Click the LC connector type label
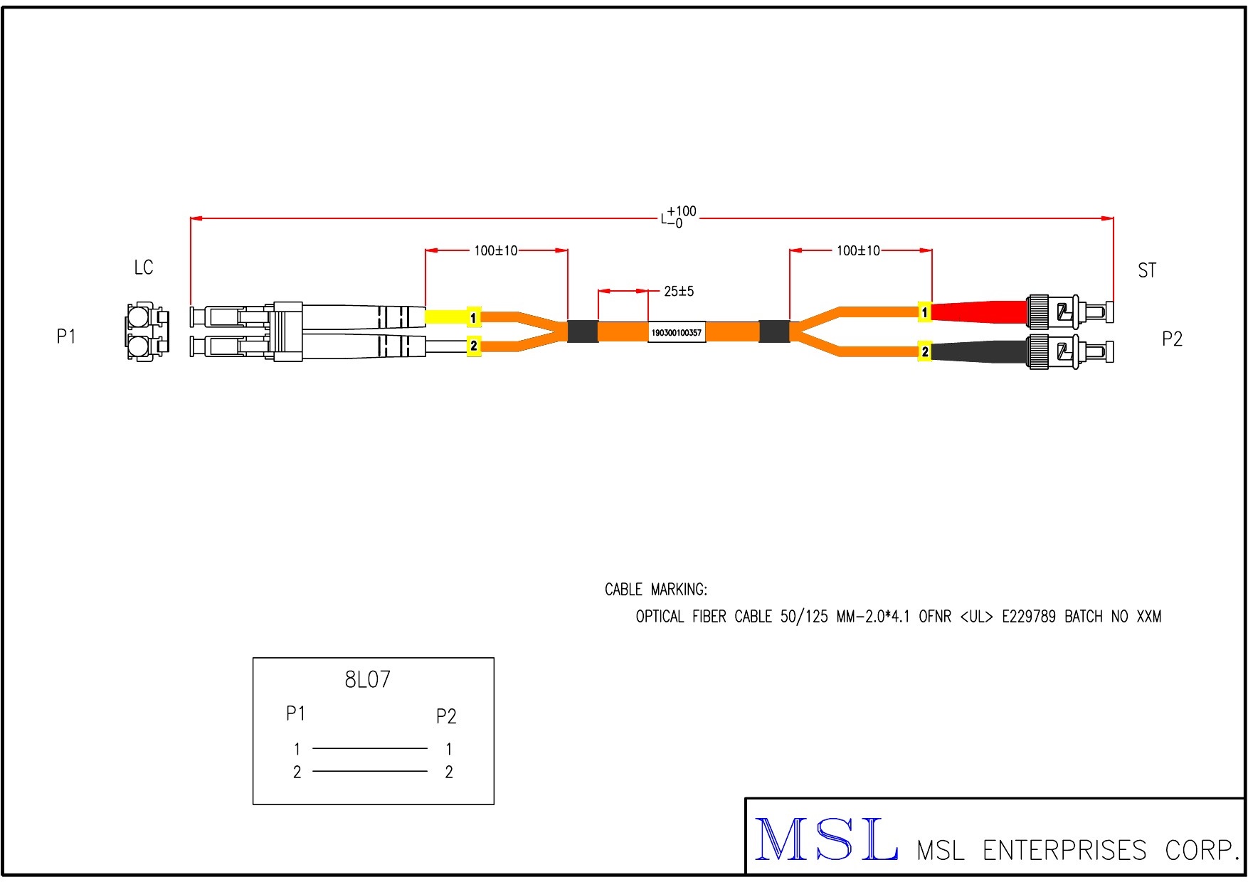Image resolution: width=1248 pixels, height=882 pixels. tap(143, 267)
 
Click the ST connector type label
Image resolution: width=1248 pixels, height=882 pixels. tap(1146, 270)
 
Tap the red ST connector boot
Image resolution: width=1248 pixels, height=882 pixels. tap(978, 312)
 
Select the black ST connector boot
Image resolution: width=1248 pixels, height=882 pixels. tap(978, 351)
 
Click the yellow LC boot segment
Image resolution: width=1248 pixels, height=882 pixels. tap(445, 316)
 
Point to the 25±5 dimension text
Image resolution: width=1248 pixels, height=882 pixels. tap(678, 291)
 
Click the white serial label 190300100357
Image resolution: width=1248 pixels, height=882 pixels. tap(676, 332)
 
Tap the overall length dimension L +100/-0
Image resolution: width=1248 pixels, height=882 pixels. tap(678, 217)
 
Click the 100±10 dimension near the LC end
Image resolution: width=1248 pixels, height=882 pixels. tap(496, 251)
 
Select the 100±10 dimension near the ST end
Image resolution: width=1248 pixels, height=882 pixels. tap(858, 251)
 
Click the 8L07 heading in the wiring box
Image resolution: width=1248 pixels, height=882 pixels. tap(367, 680)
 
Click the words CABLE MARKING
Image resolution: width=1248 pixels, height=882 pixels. tap(655, 590)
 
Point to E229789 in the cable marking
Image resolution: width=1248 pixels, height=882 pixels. tap(1028, 617)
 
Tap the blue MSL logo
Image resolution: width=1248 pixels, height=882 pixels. tap(825, 840)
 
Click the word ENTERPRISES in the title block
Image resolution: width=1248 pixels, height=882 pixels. tap(1064, 851)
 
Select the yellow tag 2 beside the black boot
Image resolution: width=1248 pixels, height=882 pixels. tap(924, 351)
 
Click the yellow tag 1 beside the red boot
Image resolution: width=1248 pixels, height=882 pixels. tap(924, 312)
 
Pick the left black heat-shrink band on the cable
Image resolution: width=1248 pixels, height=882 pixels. tap(582, 331)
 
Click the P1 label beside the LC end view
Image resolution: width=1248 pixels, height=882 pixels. tap(66, 336)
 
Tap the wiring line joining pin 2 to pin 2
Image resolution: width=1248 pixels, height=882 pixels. tap(370, 771)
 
